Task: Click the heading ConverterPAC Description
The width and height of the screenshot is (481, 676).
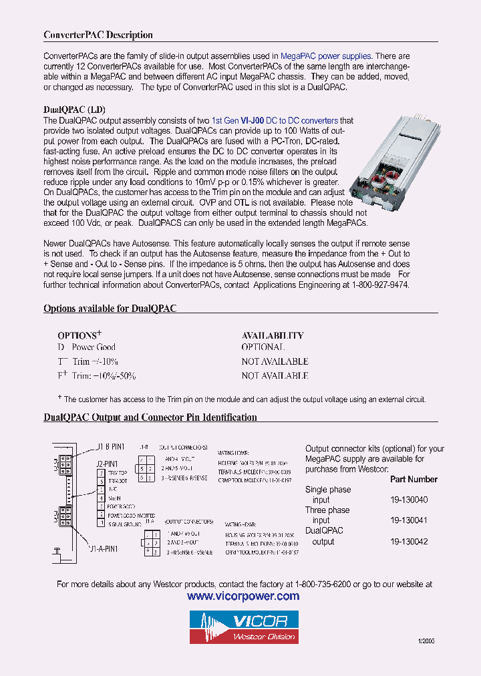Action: [98, 35]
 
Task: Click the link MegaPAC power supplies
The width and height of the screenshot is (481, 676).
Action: [325, 56]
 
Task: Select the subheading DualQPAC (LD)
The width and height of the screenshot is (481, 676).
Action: [74, 110]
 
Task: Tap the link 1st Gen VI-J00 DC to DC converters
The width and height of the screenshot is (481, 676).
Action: [275, 121]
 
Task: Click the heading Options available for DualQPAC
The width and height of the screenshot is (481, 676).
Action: [110, 309]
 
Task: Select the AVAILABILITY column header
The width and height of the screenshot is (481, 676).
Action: [273, 335]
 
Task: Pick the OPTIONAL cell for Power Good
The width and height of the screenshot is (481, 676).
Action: [263, 347]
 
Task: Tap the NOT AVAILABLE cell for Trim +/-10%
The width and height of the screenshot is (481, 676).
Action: [275, 361]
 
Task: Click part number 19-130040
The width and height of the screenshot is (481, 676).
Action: [409, 500]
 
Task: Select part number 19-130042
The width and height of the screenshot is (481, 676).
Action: [409, 542]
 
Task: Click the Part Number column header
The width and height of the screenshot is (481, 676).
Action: [414, 479]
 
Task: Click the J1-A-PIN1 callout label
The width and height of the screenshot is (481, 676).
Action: [104, 548]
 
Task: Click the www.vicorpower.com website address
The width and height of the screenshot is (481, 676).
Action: [243, 596]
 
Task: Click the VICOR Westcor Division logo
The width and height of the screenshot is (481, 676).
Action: [243, 627]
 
